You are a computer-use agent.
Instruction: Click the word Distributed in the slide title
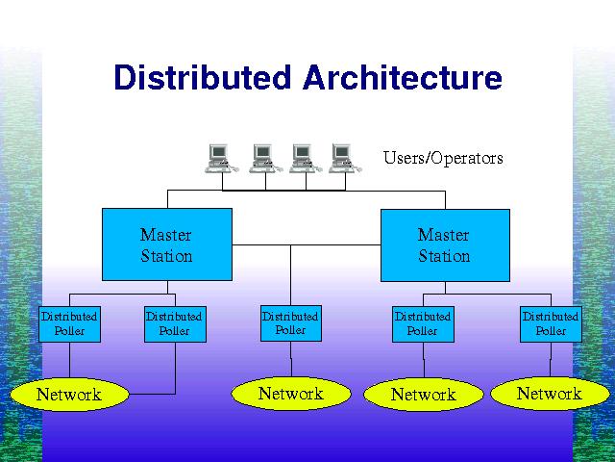[203, 77]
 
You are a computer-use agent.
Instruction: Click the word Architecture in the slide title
[403, 77]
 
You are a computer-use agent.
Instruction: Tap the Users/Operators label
[443, 158]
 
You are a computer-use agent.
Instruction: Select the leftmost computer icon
[222, 158]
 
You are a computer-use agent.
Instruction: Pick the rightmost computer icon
[345, 158]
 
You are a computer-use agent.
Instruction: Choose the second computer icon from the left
[265, 158]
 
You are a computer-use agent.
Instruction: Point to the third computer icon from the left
[306, 158]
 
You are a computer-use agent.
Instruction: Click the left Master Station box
[167, 244]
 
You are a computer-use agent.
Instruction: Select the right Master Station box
[445, 245]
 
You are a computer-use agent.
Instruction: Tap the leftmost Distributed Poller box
[69, 324]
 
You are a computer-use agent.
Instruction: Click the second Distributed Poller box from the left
[175, 324]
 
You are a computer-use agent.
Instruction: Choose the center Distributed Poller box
[291, 323]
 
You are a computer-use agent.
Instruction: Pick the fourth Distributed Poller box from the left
[423, 324]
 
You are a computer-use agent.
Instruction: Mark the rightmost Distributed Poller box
[551, 324]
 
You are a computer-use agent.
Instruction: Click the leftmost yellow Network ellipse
[69, 395]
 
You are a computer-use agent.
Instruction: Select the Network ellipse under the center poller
[291, 394]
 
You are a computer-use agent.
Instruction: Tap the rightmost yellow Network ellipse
[551, 394]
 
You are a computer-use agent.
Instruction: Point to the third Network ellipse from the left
[424, 395]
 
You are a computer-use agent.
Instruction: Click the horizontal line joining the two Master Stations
[307, 244]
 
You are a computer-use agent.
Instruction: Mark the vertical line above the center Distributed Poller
[290, 275]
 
